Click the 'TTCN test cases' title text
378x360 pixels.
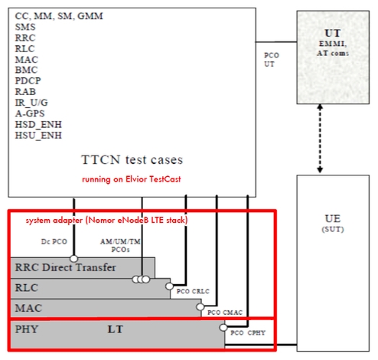132,160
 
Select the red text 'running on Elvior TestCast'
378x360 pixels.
132,179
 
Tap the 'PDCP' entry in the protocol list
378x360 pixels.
28,80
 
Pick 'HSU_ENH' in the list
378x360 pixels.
38,136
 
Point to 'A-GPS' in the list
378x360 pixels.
30,113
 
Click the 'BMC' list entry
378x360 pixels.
26,70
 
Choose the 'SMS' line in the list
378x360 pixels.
25,27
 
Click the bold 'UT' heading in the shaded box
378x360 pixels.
333,33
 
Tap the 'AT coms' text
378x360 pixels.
333,53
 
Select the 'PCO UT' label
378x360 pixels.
272,60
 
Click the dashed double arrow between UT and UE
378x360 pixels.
320,139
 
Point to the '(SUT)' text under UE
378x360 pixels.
333,229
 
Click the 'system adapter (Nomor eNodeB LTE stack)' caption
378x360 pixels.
106,220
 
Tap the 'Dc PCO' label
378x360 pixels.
54,241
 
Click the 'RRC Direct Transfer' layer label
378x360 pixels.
66,267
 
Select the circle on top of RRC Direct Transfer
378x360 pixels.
74,259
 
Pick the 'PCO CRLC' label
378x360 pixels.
193,291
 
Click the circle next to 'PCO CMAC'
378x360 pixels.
200,307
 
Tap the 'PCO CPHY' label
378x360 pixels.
248,333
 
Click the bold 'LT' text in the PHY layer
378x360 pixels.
116,329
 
